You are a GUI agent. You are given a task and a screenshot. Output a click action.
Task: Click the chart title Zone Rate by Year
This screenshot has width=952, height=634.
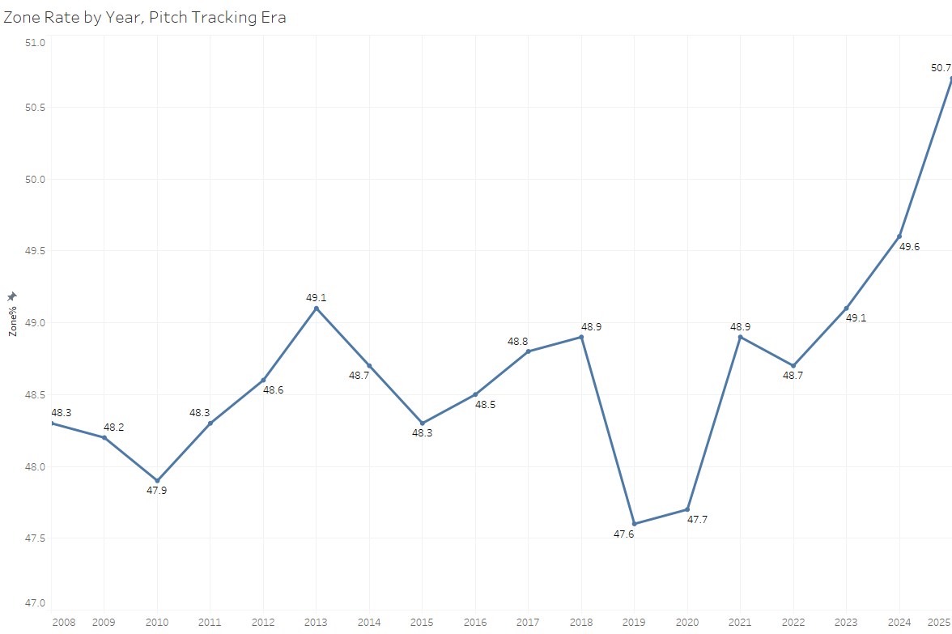pos(145,17)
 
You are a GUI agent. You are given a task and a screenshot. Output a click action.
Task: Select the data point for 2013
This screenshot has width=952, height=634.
pos(317,308)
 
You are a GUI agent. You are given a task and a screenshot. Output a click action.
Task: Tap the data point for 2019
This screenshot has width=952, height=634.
pos(635,524)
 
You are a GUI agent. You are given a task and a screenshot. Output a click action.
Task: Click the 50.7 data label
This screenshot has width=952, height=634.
pos(941,68)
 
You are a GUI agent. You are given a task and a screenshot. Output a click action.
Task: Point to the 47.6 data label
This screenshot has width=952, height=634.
pos(623,534)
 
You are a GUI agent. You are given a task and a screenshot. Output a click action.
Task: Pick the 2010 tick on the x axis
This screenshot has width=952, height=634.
pos(157,623)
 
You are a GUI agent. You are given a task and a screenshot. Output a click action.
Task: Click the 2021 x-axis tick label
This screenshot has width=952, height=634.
pos(740,623)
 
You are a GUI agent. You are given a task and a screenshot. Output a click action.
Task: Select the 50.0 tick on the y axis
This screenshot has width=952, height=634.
pos(34,179)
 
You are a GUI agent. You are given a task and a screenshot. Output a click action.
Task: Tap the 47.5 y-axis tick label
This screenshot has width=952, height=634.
pos(34,538)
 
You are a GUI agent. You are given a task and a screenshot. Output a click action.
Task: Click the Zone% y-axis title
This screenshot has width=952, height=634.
pos(12,321)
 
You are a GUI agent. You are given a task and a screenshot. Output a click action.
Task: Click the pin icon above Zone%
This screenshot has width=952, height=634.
pos(12,297)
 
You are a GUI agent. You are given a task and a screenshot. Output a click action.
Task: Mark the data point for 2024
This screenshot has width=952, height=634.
pos(899,236)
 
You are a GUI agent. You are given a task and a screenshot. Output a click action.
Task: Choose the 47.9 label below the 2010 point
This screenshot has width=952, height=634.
pos(157,490)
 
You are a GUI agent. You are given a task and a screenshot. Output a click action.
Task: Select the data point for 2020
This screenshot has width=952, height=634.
pos(687,509)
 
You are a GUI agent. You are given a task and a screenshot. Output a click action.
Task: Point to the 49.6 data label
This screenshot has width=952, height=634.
pos(910,246)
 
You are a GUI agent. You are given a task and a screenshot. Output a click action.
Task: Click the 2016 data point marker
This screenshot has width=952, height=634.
pos(475,394)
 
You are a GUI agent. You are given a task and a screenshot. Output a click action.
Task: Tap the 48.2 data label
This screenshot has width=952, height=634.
pos(113,427)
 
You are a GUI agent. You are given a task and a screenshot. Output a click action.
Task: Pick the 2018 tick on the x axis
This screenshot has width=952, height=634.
pos(581,623)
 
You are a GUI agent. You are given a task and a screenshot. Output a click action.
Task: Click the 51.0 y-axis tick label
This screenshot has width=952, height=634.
pos(34,42)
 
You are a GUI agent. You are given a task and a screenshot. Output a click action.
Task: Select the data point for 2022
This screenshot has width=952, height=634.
pos(793,365)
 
